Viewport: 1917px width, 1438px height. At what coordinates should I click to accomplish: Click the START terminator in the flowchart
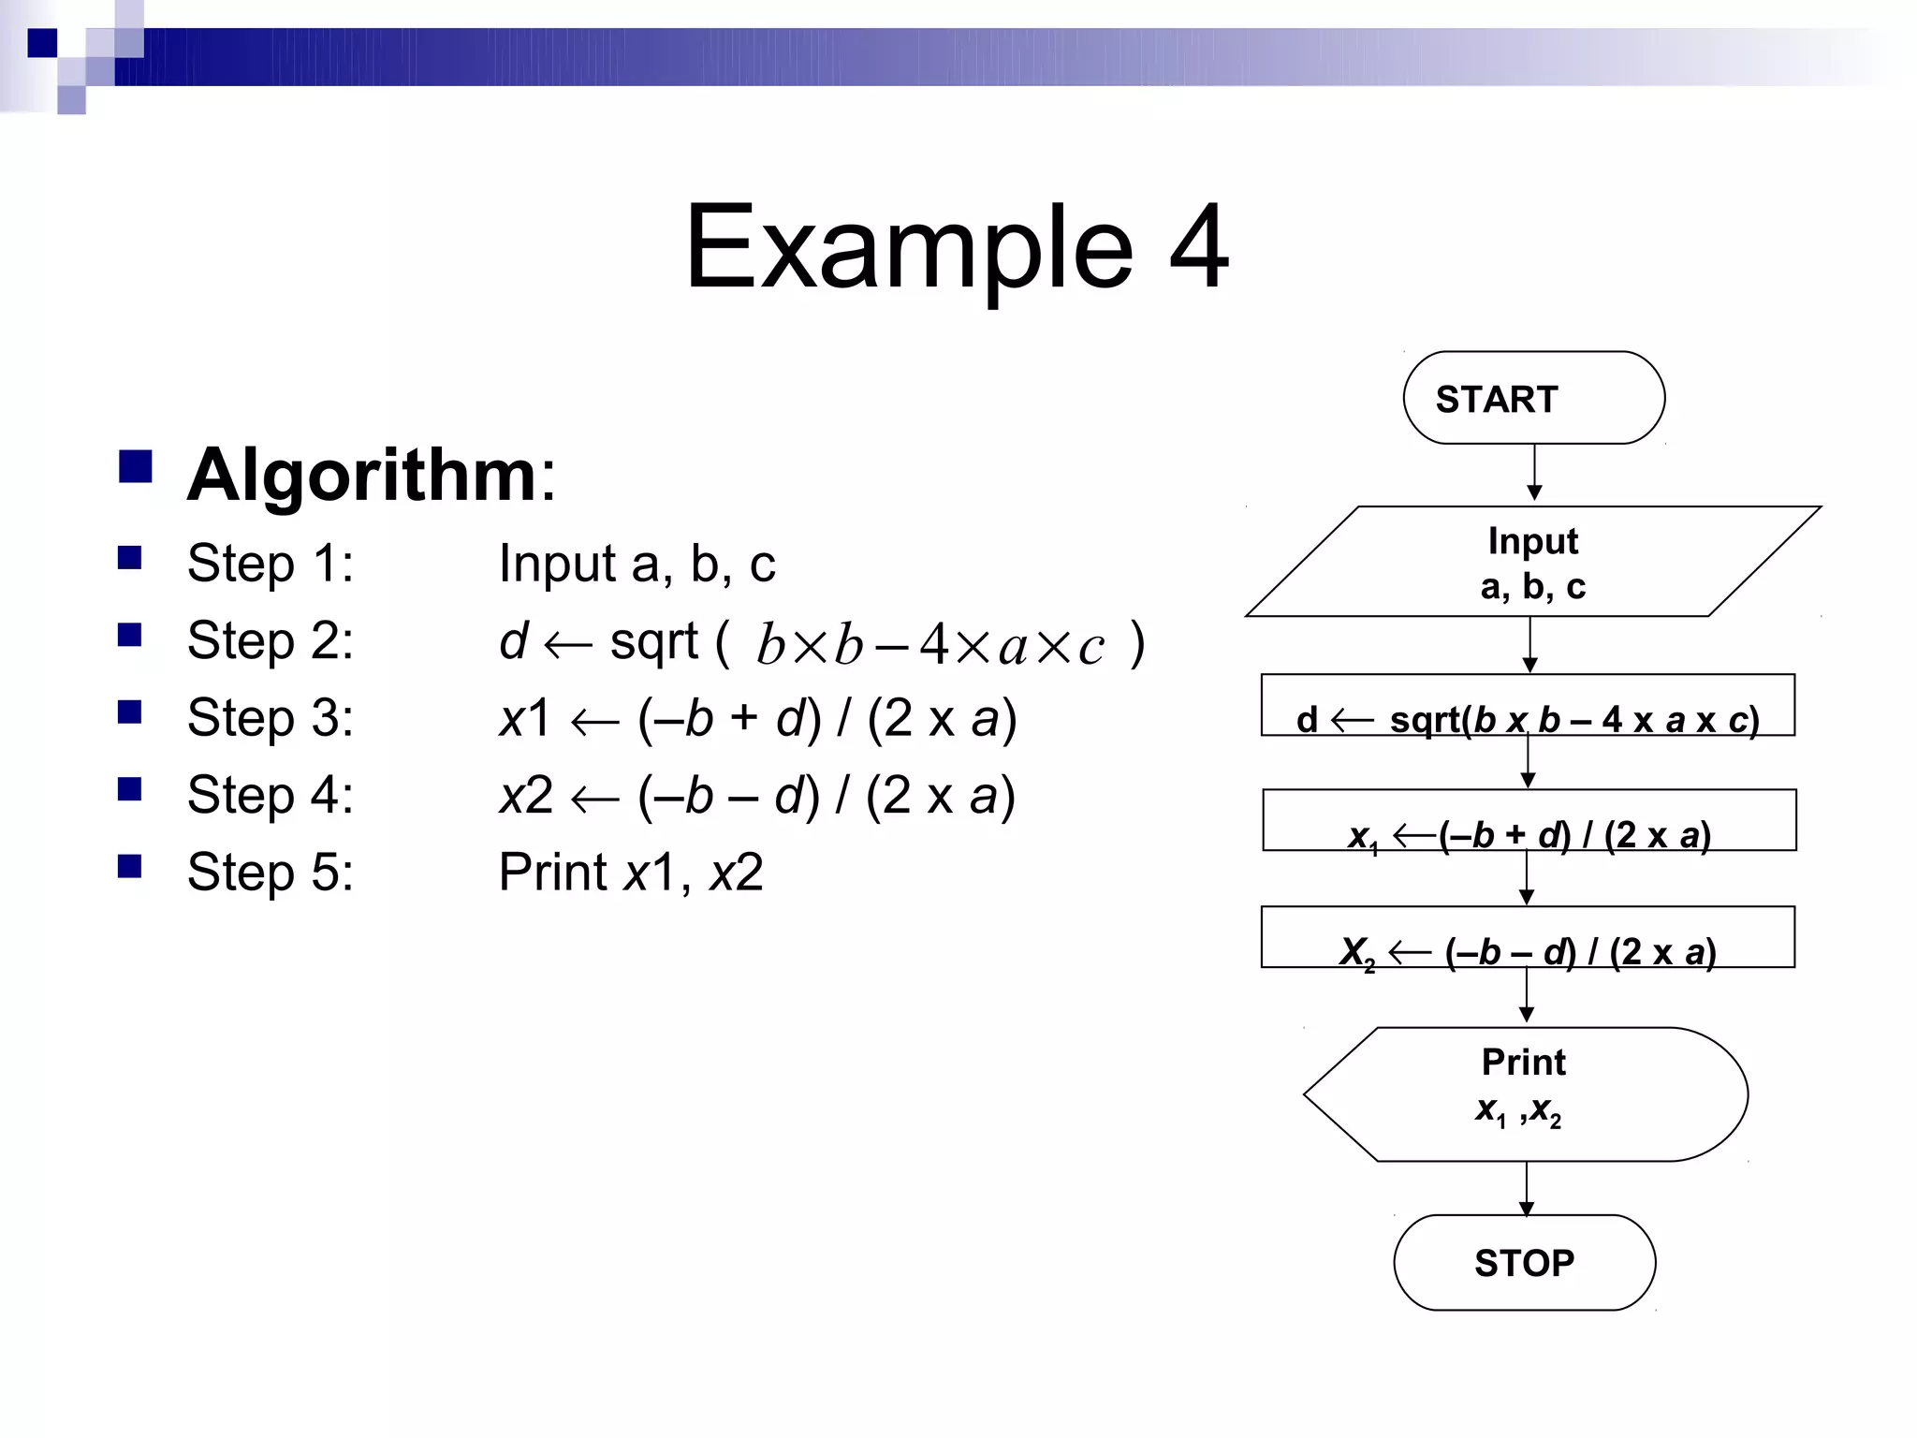click(x=1533, y=398)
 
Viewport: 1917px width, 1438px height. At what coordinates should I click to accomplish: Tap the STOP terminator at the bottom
click(x=1524, y=1262)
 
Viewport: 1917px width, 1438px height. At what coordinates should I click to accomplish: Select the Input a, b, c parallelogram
click(x=1532, y=562)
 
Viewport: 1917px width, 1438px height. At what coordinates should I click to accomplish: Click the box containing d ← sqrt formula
click(x=1528, y=705)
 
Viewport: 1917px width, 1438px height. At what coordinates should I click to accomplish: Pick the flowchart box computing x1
click(x=1529, y=821)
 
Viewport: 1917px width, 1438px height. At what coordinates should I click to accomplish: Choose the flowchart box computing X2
click(x=1528, y=937)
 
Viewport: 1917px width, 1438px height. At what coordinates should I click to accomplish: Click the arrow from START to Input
click(x=1534, y=474)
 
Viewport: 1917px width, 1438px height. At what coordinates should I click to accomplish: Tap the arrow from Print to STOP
click(x=1526, y=1189)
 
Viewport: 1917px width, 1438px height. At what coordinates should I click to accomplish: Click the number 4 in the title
click(x=1198, y=247)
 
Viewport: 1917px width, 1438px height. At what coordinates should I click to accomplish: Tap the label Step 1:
click(x=271, y=564)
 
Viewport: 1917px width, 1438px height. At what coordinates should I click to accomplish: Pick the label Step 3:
click(x=271, y=718)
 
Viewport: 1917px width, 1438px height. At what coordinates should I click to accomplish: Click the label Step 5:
click(x=271, y=873)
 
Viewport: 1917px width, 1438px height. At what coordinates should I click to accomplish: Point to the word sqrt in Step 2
click(x=653, y=644)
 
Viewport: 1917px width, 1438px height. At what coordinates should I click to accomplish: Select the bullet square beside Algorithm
click(x=136, y=466)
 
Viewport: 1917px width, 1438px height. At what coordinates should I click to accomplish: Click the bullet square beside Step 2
click(x=130, y=636)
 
